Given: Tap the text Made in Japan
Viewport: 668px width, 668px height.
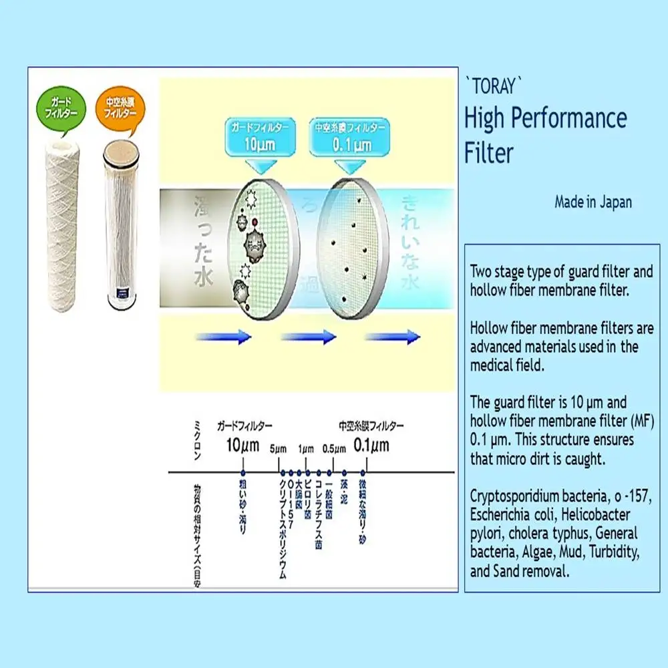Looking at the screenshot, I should (593, 202).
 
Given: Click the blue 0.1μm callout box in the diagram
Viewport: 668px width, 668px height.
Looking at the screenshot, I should (347, 138).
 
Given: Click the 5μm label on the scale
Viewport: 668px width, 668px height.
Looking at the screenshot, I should (279, 448).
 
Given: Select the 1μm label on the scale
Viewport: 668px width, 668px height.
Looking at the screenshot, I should (306, 448).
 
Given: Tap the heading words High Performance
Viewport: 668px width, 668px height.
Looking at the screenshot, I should (545, 119).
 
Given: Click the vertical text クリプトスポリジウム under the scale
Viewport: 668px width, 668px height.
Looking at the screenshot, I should (283, 528).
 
